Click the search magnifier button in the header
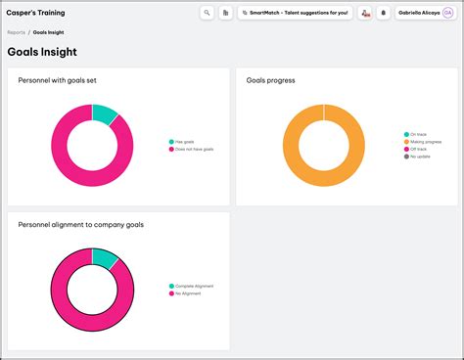click(207, 13)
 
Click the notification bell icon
click(383, 13)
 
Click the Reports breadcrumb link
click(16, 32)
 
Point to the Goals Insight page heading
click(42, 52)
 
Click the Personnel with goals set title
click(57, 80)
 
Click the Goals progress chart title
click(271, 80)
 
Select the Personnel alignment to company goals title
click(80, 224)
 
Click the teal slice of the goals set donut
click(104, 113)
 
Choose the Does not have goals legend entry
click(193, 149)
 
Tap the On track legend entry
click(417, 134)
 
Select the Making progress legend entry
click(425, 142)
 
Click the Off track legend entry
click(418, 149)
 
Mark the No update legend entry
click(419, 157)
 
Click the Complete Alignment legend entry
click(193, 286)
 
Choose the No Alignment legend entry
click(187, 292)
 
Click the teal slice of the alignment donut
click(104, 257)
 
